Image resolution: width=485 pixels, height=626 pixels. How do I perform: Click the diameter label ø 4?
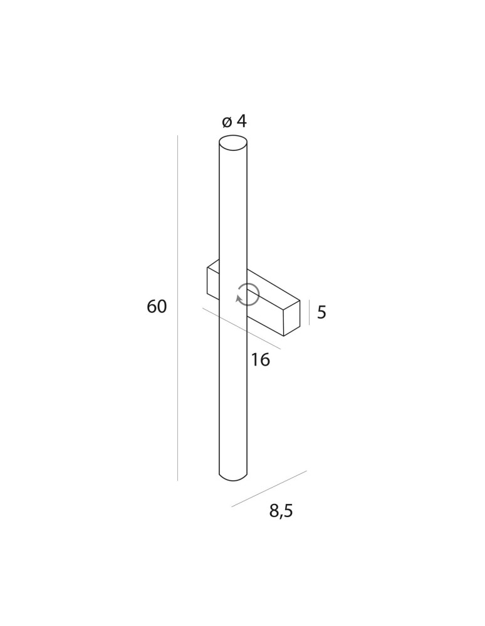(234, 121)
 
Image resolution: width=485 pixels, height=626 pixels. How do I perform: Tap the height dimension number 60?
(157, 307)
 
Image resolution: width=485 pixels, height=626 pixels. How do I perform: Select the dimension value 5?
(321, 312)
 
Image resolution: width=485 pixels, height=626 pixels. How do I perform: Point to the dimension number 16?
(260, 360)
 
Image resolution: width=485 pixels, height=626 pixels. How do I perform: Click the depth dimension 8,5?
(281, 511)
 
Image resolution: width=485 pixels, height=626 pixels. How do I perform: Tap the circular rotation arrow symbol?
(248, 294)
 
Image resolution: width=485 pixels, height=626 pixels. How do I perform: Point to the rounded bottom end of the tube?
(233, 477)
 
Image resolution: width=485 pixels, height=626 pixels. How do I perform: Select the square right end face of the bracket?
(292, 319)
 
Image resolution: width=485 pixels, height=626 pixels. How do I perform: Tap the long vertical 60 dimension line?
(178, 307)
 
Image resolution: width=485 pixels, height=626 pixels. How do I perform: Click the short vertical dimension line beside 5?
(309, 312)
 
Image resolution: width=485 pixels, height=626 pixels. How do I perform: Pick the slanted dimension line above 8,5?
(269, 488)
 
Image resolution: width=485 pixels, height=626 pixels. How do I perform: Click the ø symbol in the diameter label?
(227, 121)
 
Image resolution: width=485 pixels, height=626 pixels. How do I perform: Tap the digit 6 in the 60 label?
(152, 307)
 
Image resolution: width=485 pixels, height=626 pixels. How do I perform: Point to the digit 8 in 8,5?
(274, 511)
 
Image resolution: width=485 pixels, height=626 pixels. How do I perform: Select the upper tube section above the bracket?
(233, 207)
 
